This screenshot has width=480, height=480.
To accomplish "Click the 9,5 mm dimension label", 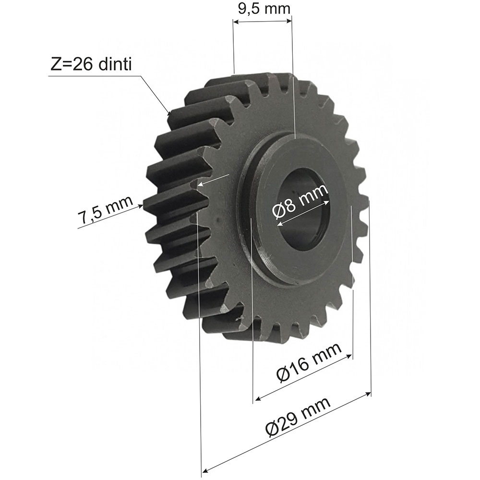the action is tap(264, 9).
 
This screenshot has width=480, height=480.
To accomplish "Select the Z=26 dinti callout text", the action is tap(91, 65).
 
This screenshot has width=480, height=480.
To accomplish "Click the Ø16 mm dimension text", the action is tap(309, 362).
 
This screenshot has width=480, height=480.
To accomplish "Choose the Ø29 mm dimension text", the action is tap(298, 417).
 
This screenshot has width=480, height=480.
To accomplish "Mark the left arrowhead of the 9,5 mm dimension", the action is tap(236, 21).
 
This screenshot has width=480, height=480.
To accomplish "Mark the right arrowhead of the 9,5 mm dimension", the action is tap(288, 21).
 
